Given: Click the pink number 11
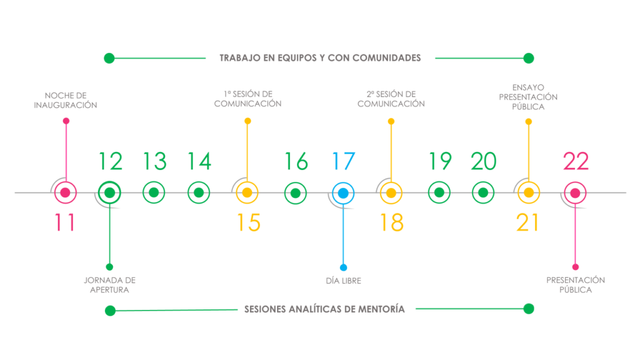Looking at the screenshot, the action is [65, 222].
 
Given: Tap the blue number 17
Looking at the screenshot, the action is [344, 161].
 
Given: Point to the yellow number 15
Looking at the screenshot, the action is [249, 222].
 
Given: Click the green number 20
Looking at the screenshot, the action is [483, 161].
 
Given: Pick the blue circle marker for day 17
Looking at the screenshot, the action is [343, 193].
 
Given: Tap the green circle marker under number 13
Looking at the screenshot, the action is [154, 192].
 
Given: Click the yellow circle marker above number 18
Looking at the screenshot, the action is [391, 193].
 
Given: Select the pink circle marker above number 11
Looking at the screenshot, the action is [65, 192].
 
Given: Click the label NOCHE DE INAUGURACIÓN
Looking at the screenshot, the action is [65, 101].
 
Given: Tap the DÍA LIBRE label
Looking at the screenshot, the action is [343, 281].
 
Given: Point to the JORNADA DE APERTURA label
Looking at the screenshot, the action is [109, 285].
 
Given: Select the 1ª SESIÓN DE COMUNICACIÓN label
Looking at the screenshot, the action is [247, 99].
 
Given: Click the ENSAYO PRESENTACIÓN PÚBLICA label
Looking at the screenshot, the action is [528, 97].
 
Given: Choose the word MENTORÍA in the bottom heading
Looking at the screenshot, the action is [381, 309].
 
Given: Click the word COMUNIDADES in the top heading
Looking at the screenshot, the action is [386, 58].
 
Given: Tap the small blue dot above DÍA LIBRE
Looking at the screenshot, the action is [343, 267].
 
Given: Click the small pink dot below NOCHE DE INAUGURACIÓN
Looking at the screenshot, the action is [66, 121].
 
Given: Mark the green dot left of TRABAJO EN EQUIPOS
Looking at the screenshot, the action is [109, 58].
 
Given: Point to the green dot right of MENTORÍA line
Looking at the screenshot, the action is [529, 309].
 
